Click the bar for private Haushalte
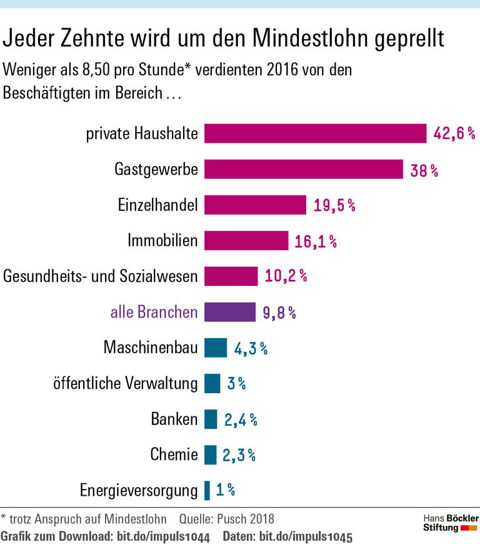coord(315,133)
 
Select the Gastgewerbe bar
coord(303,169)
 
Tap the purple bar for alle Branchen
coord(230,312)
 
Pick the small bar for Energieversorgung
coord(207,490)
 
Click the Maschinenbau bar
coord(216,347)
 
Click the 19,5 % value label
coord(334,205)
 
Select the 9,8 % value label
coord(279,312)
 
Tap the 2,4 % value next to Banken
coord(241,419)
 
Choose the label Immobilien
coord(162,240)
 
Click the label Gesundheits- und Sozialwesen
coord(101,276)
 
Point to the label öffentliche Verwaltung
coord(125,383)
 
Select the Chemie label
coord(174,454)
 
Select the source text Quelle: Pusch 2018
coord(226,518)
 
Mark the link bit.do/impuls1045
coord(306,536)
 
